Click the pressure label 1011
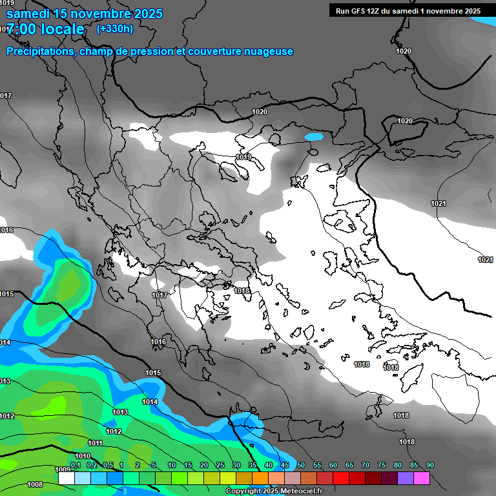click(x=96, y=443)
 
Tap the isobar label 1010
click(x=83, y=456)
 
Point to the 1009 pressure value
click(x=63, y=470)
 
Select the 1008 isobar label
click(x=35, y=484)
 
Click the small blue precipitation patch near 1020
click(x=314, y=137)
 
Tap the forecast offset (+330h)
click(x=115, y=28)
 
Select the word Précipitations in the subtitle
click(x=41, y=51)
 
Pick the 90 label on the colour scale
click(x=430, y=465)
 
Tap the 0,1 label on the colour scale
click(x=76, y=465)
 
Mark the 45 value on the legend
click(x=285, y=465)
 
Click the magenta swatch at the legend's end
click(x=422, y=479)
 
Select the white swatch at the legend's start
click(x=66, y=479)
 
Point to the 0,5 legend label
click(x=108, y=465)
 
